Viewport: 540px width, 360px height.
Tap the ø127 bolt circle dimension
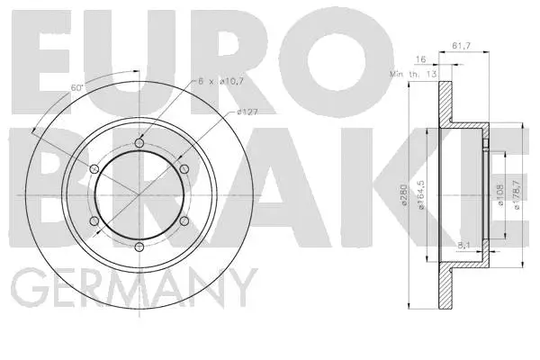tap(249, 112)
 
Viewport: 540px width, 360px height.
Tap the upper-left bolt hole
tap(94, 169)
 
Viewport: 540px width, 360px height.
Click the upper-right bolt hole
tap(184, 169)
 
